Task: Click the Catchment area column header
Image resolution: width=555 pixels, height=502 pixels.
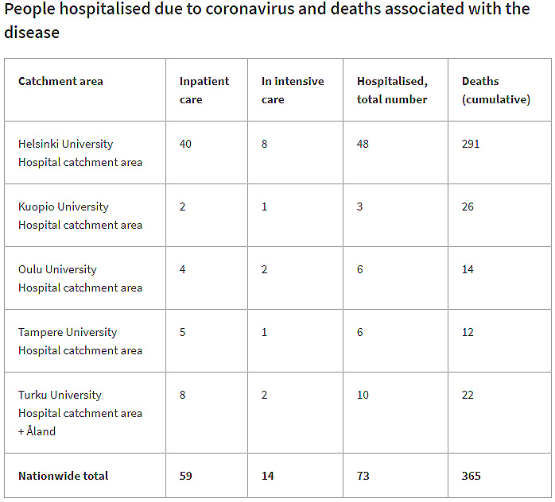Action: [60, 81]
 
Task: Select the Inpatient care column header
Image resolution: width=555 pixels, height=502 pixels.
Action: [204, 90]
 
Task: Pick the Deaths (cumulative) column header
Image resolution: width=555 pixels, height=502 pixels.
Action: [495, 90]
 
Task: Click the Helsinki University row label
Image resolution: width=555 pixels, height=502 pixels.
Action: [65, 144]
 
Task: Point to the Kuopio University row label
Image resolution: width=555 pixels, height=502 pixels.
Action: [63, 207]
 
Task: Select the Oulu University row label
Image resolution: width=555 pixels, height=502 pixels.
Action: [57, 269]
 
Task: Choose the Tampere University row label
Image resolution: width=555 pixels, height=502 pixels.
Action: [68, 332]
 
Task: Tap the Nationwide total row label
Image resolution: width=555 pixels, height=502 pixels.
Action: [63, 476]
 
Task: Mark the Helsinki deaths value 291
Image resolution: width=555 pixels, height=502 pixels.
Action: [471, 144]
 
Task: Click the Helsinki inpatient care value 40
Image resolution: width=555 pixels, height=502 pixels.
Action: [186, 144]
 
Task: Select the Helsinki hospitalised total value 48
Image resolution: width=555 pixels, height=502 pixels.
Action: [363, 144]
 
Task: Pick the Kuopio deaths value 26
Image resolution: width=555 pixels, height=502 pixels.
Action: [468, 207]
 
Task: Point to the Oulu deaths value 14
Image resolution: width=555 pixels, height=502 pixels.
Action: [468, 269]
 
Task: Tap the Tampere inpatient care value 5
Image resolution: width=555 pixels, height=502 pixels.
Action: [183, 332]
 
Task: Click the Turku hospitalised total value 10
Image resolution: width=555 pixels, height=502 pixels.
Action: [363, 395]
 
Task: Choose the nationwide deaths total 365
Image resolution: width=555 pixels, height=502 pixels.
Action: [471, 476]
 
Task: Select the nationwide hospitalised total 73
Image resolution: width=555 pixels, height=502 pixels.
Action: [363, 476]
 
